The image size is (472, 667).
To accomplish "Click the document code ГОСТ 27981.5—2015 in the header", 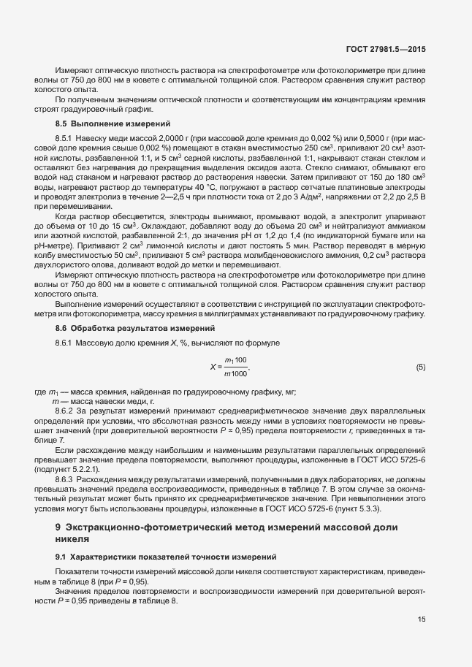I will pos(385,50).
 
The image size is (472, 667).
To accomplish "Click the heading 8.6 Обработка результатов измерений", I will pos(123,329).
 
